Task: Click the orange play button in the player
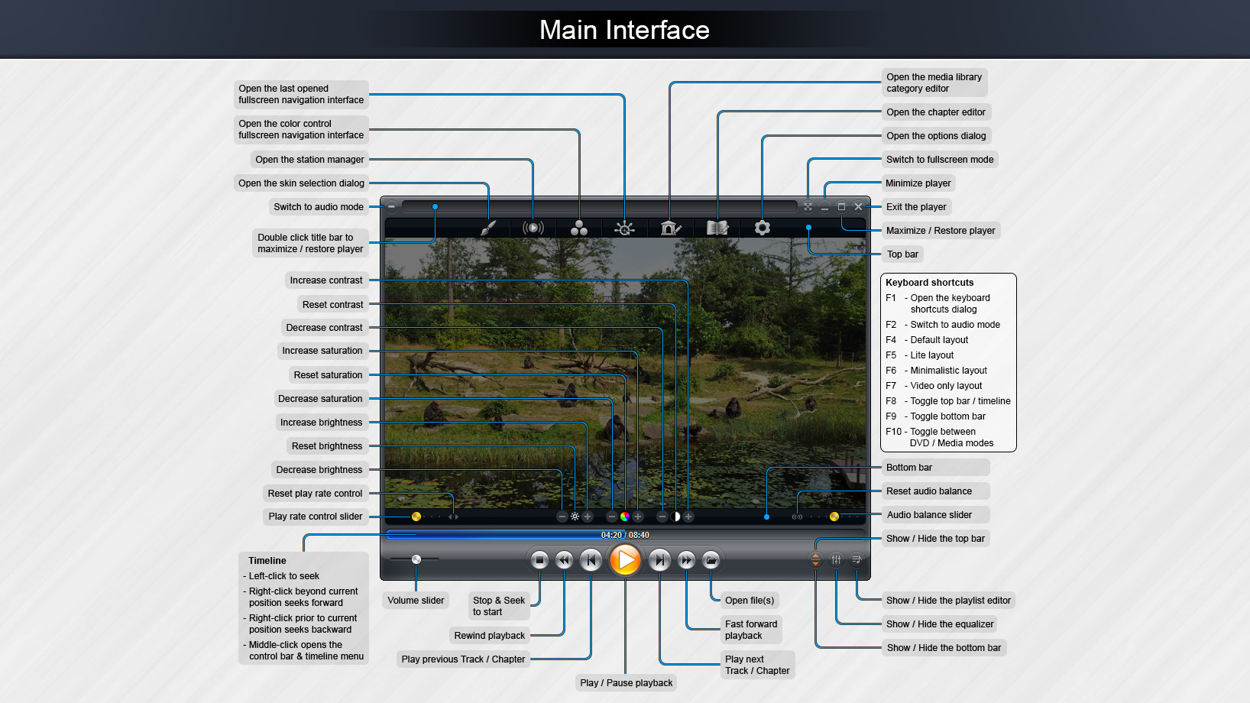[x=625, y=560]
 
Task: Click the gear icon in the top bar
[x=762, y=228]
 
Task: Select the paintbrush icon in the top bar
[x=488, y=228]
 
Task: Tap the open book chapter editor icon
[x=717, y=228]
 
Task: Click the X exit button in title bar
[x=858, y=206]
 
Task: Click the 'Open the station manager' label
[x=309, y=160]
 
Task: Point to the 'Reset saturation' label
[x=328, y=375]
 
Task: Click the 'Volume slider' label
[x=416, y=601]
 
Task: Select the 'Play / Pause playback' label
[x=626, y=683]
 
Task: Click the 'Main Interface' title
[x=624, y=30]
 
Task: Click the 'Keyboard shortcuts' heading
[x=929, y=283]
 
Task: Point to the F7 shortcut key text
[x=891, y=386]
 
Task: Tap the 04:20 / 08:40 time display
[x=624, y=535]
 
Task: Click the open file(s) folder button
[x=711, y=560]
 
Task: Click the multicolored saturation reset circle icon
[x=625, y=517]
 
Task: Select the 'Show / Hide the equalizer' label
[x=940, y=624]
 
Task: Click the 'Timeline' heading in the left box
[x=267, y=561]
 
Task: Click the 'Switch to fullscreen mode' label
[x=940, y=160]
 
